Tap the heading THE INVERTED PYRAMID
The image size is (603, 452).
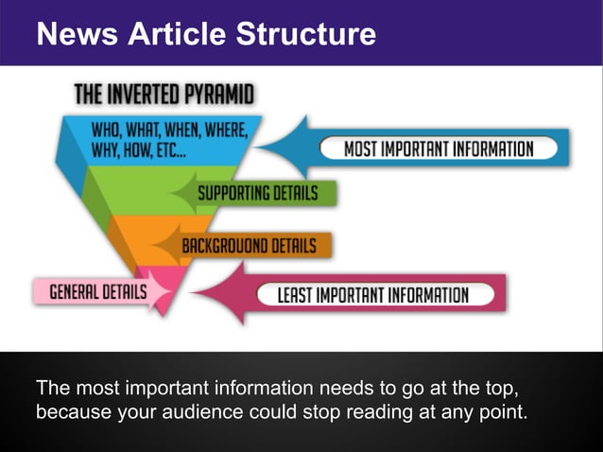point(164,95)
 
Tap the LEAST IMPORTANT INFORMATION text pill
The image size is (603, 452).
point(372,295)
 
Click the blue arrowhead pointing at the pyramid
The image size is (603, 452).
point(288,147)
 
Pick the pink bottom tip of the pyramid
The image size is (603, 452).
point(161,288)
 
